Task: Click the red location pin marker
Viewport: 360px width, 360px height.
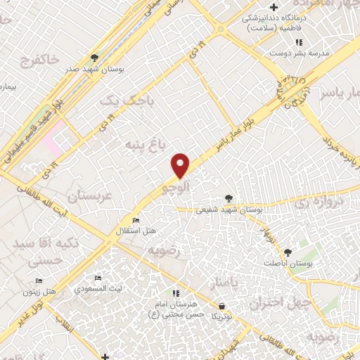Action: click(x=181, y=165)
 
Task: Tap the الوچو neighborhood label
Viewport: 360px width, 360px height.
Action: click(x=175, y=187)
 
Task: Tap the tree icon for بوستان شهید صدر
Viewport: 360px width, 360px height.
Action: click(x=95, y=58)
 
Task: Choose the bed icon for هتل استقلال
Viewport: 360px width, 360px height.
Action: click(x=136, y=221)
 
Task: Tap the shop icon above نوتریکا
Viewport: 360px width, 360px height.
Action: click(x=222, y=307)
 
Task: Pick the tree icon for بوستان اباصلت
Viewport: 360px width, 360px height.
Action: click(x=287, y=251)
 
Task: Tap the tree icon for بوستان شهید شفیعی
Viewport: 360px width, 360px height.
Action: click(x=229, y=198)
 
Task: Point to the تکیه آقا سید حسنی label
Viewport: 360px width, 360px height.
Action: click(x=39, y=251)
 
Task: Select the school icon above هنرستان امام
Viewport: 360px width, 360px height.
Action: click(x=175, y=292)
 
